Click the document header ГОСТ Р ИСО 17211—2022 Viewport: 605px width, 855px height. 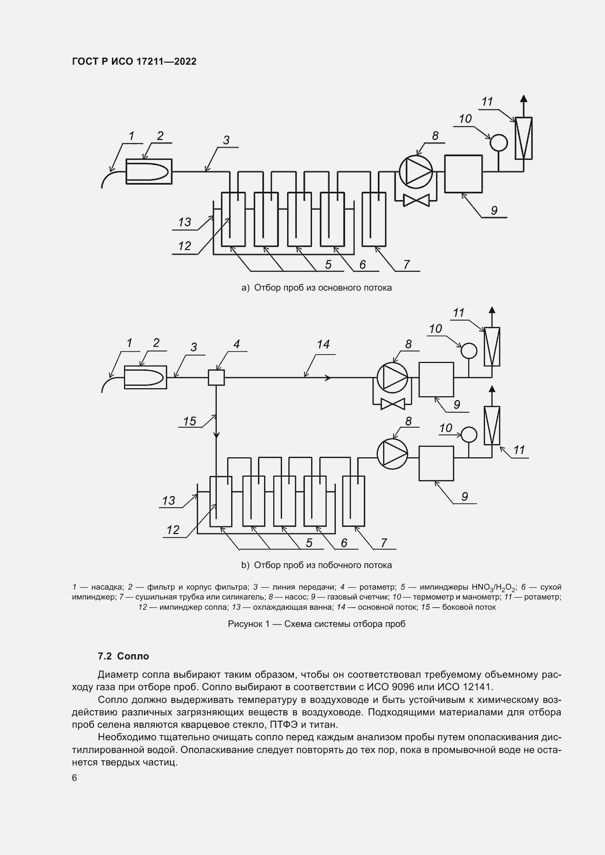click(134, 62)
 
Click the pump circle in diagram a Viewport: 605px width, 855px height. click(416, 172)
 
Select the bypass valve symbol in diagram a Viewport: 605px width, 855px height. click(417, 201)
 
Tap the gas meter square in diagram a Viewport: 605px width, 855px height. click(463, 174)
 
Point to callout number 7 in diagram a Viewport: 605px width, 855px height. click(406, 265)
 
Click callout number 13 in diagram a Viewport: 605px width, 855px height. click(184, 222)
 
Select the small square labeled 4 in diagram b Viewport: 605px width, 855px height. click(216, 377)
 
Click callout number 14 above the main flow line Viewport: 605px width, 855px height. click(323, 344)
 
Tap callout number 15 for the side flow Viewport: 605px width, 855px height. click(189, 421)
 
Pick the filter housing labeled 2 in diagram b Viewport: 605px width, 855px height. click(145, 377)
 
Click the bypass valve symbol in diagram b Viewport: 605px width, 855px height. click(392, 404)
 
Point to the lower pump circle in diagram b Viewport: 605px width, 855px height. click(392, 454)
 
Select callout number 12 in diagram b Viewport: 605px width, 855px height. click(173, 530)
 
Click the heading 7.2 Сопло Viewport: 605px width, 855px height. click(123, 657)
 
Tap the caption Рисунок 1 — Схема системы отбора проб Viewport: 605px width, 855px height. click(316, 624)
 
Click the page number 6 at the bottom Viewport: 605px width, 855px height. click(75, 778)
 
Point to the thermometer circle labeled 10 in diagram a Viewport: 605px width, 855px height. click(498, 143)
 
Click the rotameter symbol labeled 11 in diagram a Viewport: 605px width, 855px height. click(523, 138)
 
